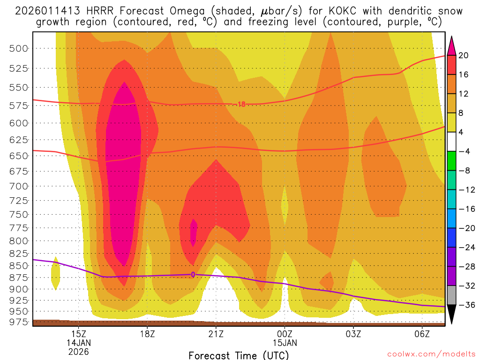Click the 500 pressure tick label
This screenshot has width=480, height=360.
18,48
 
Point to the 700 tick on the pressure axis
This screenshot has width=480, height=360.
18,186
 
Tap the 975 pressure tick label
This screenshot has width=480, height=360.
18,322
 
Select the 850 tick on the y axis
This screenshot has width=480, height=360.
18,265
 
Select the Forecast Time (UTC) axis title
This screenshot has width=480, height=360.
239,355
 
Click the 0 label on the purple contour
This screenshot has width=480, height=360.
193,274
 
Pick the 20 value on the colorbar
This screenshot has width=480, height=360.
464,55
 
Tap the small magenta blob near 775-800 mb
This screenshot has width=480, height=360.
194,231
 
